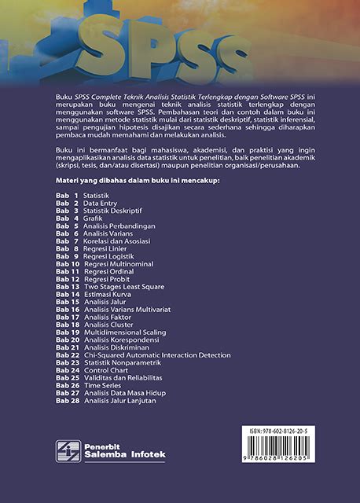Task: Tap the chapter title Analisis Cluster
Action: pos(108,325)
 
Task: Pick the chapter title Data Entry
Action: pos(101,203)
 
